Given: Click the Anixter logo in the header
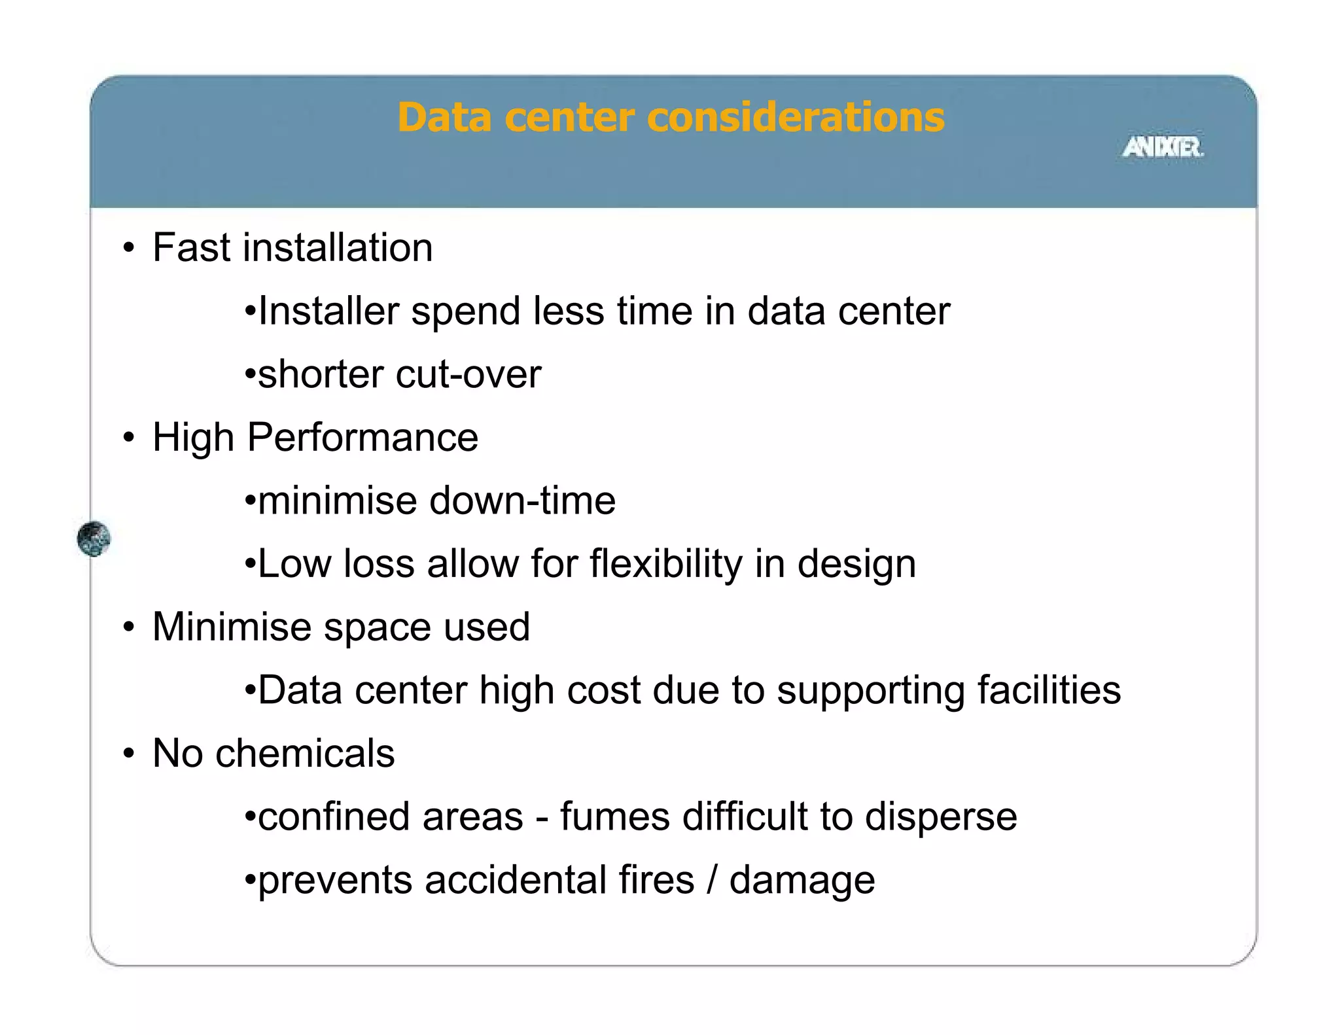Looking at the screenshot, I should point(1163,147).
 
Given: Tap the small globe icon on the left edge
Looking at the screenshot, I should point(94,538).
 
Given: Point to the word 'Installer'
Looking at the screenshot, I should point(328,311).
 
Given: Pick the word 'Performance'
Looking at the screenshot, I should point(362,437).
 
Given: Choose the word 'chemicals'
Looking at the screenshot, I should point(305,753).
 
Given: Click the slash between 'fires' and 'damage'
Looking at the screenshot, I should point(712,880).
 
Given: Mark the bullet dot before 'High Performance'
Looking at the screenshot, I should point(129,437).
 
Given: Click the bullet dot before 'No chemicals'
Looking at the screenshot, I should point(129,753).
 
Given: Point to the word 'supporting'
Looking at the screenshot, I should point(870,692).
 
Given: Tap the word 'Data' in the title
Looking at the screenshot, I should point(444,118).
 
